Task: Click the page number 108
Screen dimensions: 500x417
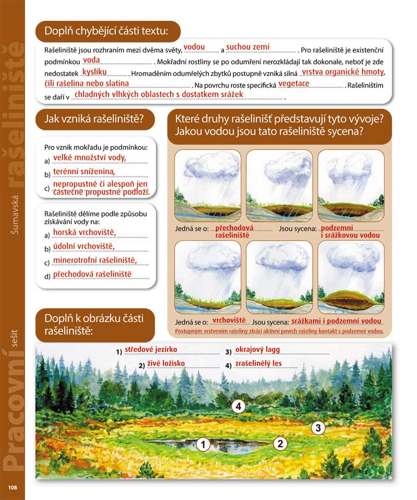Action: tap(13, 488)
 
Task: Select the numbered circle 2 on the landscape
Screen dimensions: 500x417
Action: tap(280, 444)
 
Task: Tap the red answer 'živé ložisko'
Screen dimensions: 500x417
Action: tap(166, 363)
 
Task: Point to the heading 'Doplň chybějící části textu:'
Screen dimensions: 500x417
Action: tap(107, 31)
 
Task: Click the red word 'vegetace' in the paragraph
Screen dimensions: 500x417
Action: tap(294, 83)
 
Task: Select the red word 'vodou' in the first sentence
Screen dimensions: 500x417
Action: tap(194, 47)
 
